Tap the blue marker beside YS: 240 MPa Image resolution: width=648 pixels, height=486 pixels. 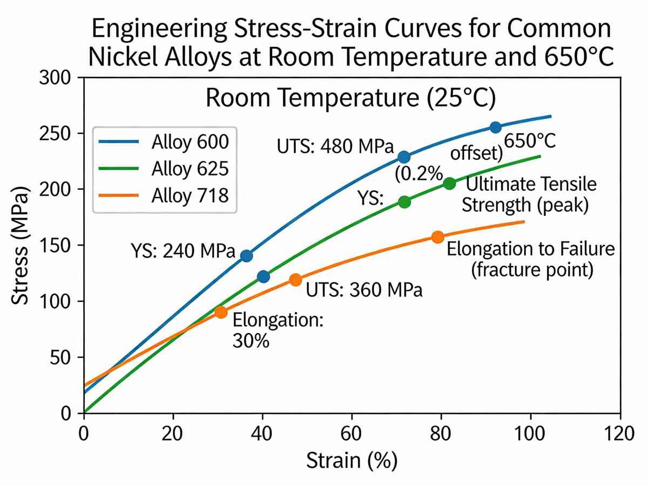pos(246,256)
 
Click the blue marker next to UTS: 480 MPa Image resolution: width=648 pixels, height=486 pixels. pos(404,157)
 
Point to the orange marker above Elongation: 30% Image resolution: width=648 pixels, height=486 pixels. pos(220,312)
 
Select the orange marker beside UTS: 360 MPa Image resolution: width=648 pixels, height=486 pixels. pos(295,280)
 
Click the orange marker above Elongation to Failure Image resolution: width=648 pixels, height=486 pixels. pos(438,237)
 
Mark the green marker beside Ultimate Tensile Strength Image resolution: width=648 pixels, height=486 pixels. pos(449,184)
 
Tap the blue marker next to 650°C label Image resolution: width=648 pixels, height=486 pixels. pos(495,127)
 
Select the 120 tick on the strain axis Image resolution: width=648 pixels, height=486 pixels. pos(620,433)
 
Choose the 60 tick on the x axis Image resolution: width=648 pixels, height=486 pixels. pos(352,433)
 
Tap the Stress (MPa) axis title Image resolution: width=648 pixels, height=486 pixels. pos(22,245)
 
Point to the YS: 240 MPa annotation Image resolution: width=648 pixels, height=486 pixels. pos(183,251)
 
